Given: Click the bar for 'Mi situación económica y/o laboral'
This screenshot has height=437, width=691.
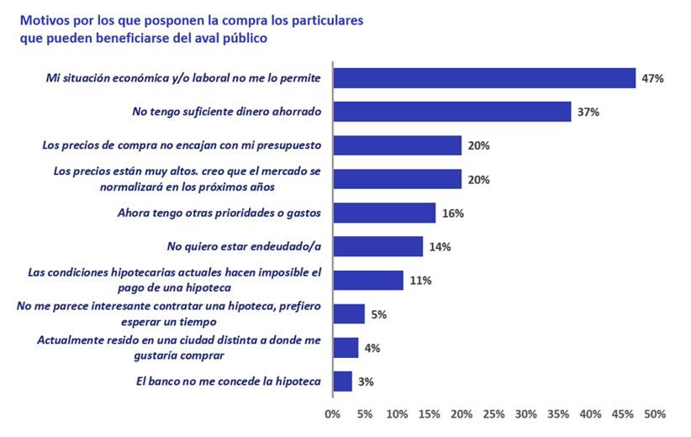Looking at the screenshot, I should tap(484, 78).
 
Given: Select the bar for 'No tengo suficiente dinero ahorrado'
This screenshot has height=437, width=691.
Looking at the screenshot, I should tap(452, 112).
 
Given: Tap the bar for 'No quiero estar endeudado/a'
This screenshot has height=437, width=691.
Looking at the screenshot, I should tap(378, 246).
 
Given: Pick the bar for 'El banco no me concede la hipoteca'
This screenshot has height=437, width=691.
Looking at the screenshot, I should tap(343, 381).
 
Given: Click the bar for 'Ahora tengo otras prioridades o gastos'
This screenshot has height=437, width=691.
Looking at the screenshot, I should tap(384, 213).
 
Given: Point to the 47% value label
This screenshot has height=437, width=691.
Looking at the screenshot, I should tap(653, 78).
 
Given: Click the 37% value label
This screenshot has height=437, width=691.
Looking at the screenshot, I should tap(588, 112).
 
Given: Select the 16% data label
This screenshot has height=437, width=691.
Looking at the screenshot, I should tap(453, 213).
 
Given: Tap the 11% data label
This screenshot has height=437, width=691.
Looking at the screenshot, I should tap(420, 280).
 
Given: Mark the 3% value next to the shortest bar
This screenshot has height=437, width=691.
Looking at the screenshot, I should tap(367, 381).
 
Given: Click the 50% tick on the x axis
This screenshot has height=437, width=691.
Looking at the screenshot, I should tap(655, 414).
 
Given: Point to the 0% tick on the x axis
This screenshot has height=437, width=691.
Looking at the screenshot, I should tap(333, 414).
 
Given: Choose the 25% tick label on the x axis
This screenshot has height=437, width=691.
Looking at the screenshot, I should tap(493, 414).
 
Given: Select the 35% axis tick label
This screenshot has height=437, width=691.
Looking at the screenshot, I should tap(558, 414).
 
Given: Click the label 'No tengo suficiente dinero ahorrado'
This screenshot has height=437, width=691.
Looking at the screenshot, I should tap(228, 112).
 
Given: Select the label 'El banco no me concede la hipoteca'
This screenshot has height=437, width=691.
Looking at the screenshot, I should tap(229, 381).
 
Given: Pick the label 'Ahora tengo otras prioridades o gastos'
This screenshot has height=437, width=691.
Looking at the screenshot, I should tap(219, 213).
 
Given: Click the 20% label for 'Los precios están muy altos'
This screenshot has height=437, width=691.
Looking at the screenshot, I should tap(478, 179).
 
